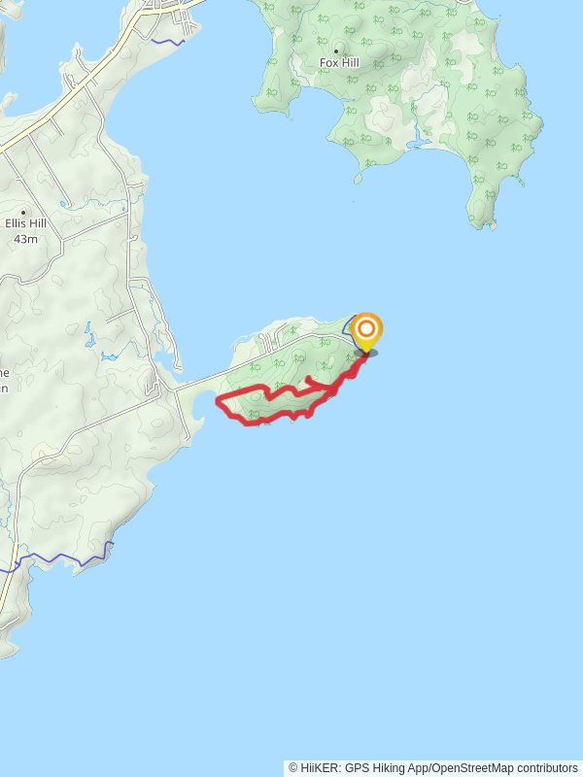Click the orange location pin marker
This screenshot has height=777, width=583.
tap(366, 332)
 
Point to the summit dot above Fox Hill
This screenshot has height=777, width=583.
tap(337, 51)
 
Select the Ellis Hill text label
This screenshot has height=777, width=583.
tap(24, 223)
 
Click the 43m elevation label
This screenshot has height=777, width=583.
tap(24, 238)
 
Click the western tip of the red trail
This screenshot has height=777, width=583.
tap(217, 402)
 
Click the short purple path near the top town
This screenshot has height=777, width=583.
tap(169, 43)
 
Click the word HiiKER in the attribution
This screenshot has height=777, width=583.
tap(320, 768)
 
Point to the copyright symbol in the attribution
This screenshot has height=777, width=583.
tap(292, 768)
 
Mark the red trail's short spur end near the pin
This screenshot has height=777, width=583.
tap(308, 378)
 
